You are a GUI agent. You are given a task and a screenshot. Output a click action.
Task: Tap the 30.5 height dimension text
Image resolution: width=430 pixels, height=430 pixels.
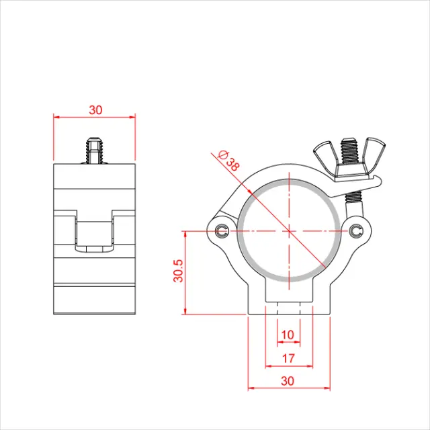(177, 272)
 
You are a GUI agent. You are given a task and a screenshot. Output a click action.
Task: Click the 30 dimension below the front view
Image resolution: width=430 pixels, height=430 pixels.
(288, 380)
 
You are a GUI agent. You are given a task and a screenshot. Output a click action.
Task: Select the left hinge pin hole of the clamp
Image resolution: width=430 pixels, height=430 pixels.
(222, 232)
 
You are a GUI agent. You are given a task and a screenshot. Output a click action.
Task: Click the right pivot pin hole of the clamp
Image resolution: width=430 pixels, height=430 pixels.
(355, 232)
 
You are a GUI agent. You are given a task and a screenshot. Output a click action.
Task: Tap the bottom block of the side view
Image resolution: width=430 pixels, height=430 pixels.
(94, 299)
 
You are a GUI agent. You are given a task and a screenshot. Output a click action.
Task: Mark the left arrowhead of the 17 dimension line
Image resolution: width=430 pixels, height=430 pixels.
(268, 366)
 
